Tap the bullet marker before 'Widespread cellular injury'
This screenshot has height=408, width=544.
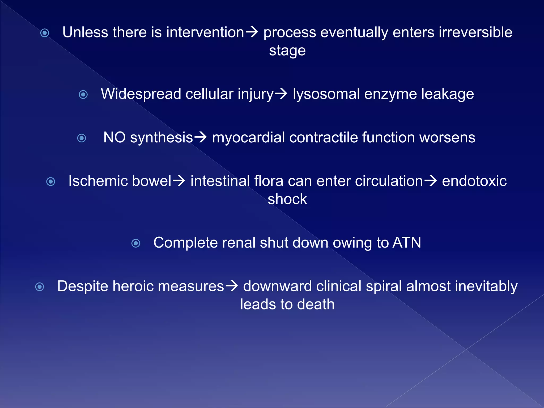click(x=83, y=95)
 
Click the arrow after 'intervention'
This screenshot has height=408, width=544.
click(x=251, y=32)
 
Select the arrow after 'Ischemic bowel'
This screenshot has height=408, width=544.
click(x=179, y=181)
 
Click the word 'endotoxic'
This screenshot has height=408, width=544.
click(x=474, y=181)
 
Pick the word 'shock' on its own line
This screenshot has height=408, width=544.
click(x=287, y=199)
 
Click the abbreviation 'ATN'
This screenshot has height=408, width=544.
click(x=407, y=243)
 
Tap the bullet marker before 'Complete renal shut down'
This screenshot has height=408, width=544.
click(x=136, y=243)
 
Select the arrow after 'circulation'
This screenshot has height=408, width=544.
click(x=430, y=181)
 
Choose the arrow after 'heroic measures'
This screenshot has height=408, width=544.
click(x=231, y=286)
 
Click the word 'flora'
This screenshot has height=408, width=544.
click(x=269, y=181)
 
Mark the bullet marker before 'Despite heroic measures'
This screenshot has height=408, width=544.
click(x=40, y=287)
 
